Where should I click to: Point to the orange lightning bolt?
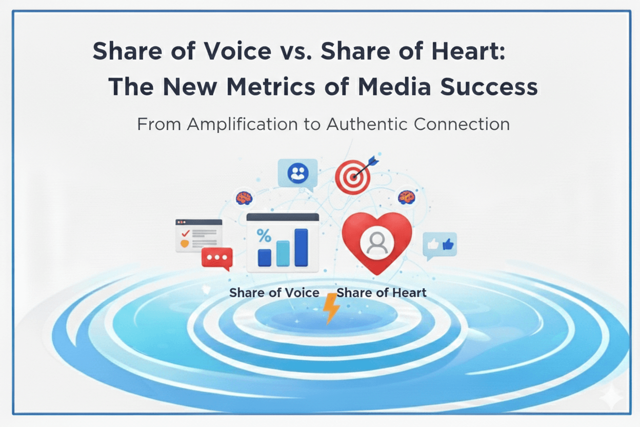coord(331,307)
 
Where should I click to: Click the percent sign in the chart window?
coord(264,236)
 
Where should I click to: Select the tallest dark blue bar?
coord(301,247)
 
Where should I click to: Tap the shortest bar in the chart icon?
coord(265,257)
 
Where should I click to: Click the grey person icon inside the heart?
coord(377,242)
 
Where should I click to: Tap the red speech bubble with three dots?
coord(217,258)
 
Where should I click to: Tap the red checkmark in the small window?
coord(185,233)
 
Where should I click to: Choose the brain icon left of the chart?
coord(244,197)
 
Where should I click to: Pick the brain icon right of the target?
coord(406,196)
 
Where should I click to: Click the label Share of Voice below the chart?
coord(274,293)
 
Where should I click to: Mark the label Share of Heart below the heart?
coord(382,293)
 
